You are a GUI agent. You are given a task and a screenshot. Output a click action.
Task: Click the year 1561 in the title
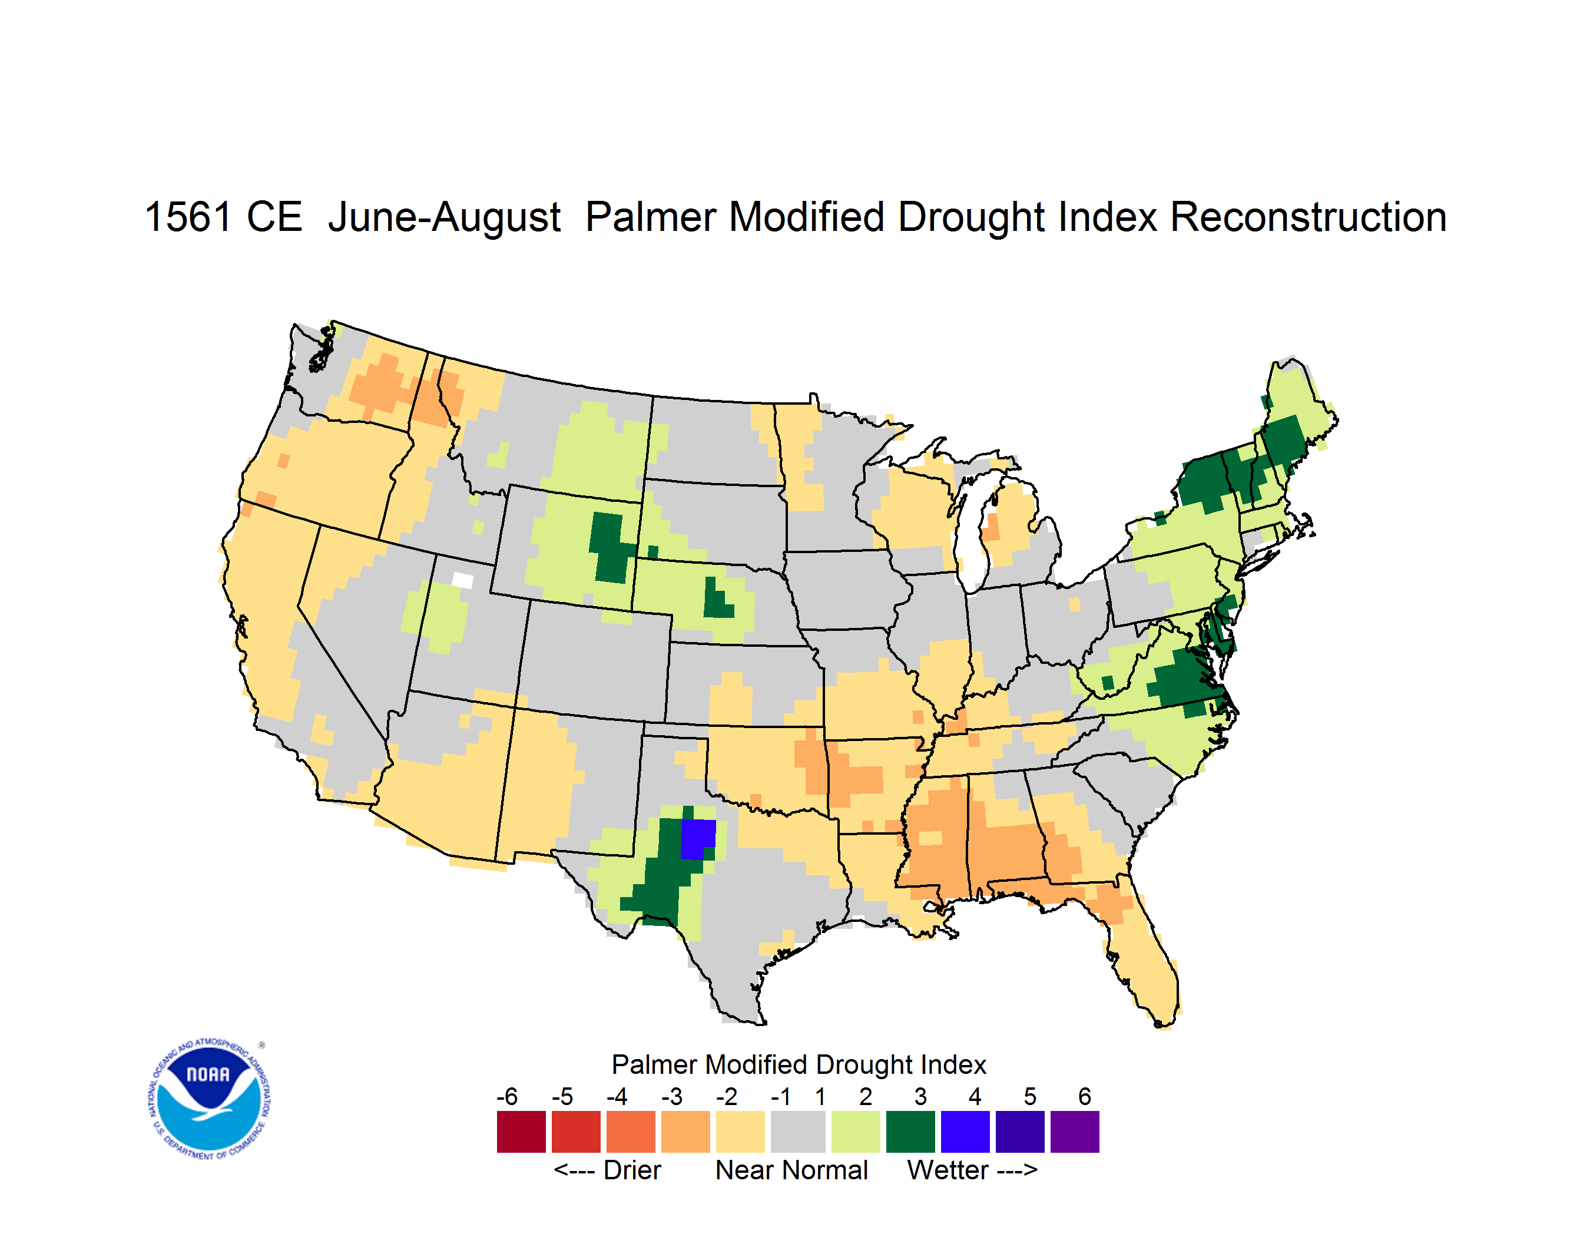[188, 217]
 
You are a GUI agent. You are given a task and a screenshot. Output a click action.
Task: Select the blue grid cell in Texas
[697, 839]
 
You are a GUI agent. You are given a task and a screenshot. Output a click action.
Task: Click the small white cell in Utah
[462, 580]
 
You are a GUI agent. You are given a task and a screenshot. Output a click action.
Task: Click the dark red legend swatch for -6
[521, 1132]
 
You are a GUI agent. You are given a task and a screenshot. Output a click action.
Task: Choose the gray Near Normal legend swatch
[798, 1132]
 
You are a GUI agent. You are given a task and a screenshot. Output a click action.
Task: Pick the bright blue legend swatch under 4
[965, 1132]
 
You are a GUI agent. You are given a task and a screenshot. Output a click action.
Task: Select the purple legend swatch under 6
[1075, 1132]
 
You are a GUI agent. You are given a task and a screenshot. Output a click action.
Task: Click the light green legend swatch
[856, 1132]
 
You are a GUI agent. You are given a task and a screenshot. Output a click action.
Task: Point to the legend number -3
[671, 1096]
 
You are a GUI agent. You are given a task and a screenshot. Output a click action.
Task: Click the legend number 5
[1029, 1096]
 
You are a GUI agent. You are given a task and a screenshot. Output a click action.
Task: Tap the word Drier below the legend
[632, 1170]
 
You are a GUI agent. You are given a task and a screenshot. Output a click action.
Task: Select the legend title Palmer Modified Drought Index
[799, 1064]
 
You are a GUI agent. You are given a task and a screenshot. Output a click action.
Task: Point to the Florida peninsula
[1143, 961]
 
